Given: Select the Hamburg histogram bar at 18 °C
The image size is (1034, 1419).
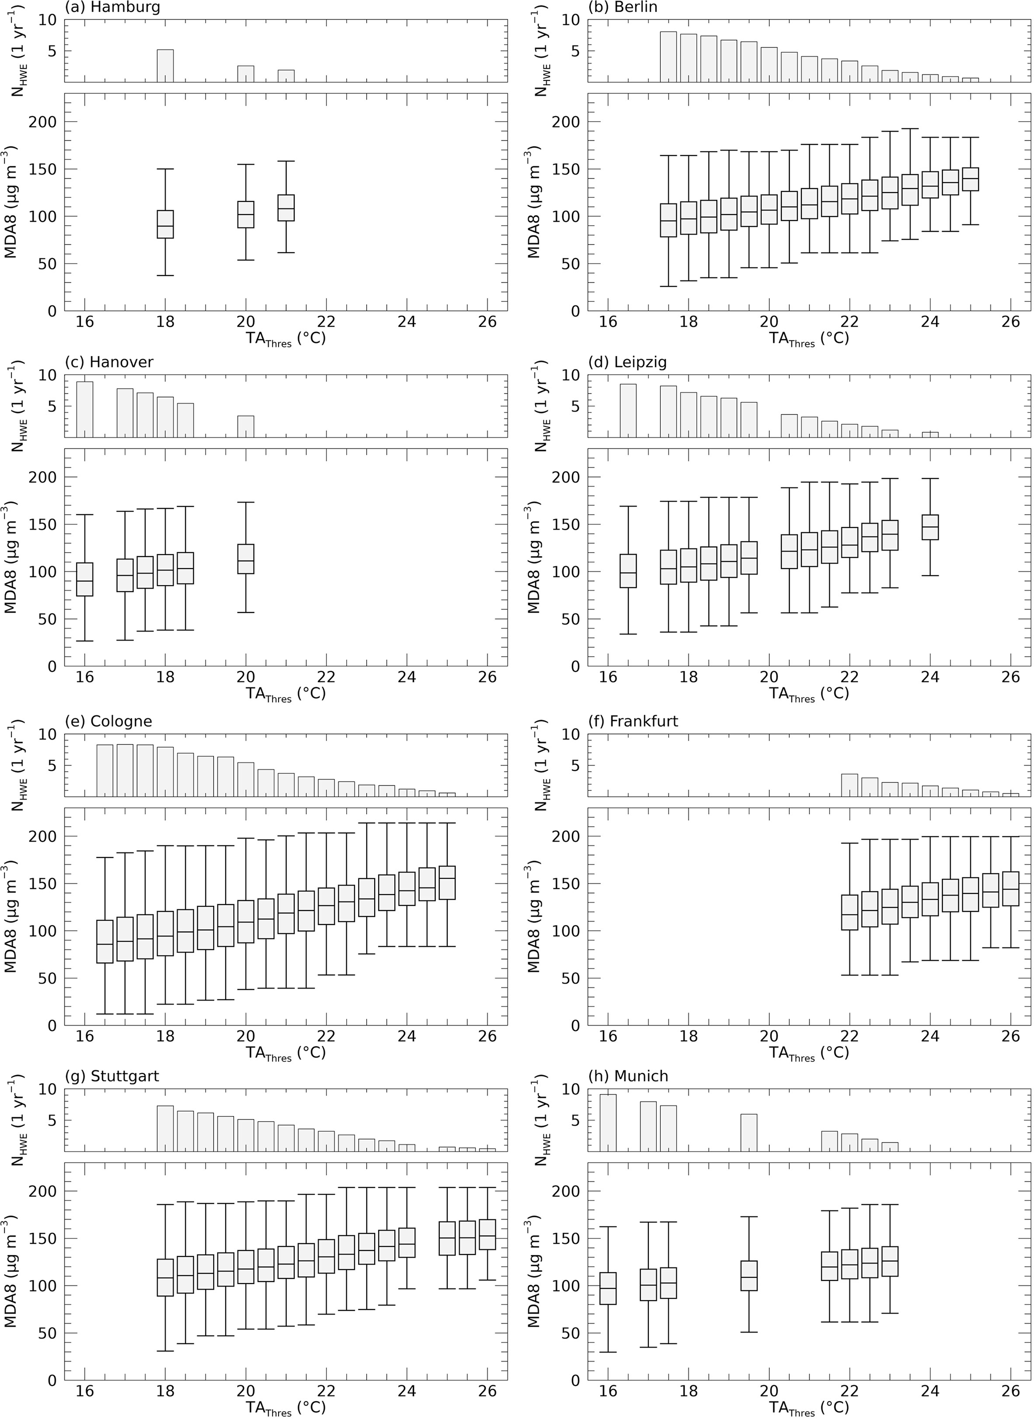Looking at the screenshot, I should [x=165, y=65].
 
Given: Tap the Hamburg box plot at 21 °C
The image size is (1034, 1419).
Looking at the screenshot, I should [x=286, y=207].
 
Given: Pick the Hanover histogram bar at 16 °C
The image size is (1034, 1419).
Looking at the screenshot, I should [x=85, y=409].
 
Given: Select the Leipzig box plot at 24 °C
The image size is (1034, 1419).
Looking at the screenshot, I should [x=930, y=527].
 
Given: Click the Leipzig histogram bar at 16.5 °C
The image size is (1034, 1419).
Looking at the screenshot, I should [x=628, y=410].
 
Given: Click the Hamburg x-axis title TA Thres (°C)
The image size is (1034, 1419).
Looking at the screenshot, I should [x=286, y=339].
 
